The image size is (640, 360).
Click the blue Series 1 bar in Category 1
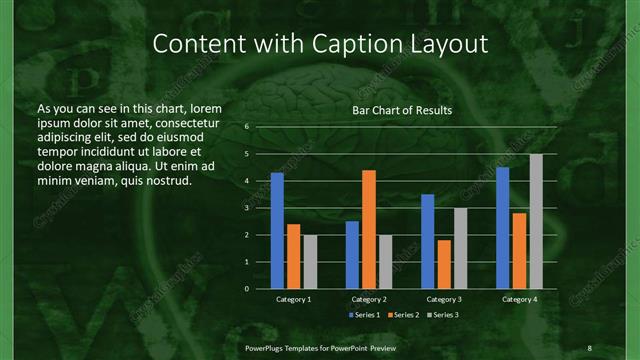pyautogui.click(x=277, y=231)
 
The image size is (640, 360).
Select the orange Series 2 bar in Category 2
pyautogui.click(x=368, y=229)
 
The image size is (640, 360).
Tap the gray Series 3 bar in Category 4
pyautogui.click(x=536, y=221)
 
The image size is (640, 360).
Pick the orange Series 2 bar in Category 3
pyautogui.click(x=444, y=264)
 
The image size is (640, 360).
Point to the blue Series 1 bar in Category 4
pyautogui.click(x=503, y=228)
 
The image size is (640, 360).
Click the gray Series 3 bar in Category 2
pyautogui.click(x=385, y=262)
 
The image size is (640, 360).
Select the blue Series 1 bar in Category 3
pyautogui.click(x=428, y=241)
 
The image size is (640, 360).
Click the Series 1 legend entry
pyautogui.click(x=365, y=315)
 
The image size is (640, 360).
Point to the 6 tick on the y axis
pyautogui.click(x=246, y=127)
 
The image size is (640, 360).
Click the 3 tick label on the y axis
pyautogui.click(x=246, y=208)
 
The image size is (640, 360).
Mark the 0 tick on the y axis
pyautogui.click(x=246, y=289)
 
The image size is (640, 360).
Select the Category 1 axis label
pyautogui.click(x=293, y=299)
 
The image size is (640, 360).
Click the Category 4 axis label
pyautogui.click(x=519, y=299)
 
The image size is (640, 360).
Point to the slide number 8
pyautogui.click(x=590, y=346)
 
